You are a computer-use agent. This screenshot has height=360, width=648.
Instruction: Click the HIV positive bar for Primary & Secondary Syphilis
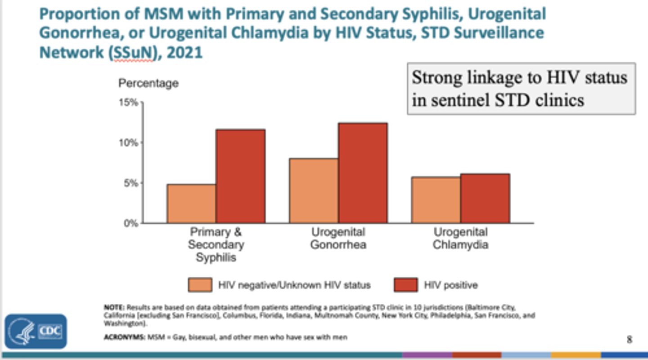[x=240, y=176]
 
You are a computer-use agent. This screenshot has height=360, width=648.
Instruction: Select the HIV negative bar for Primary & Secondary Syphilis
[x=192, y=203]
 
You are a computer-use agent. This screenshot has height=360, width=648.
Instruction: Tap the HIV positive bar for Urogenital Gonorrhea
[x=363, y=173]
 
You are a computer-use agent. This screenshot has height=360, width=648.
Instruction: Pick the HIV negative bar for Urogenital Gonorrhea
[x=314, y=191]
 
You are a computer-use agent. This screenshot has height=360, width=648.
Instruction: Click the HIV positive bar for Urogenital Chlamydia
[x=485, y=198]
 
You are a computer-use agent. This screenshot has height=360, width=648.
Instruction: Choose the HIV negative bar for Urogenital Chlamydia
[x=436, y=200]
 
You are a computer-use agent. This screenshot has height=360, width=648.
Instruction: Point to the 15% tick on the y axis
[x=129, y=103]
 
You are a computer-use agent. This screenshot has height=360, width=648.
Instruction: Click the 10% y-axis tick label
[x=129, y=143]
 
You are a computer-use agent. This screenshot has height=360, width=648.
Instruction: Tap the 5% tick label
[x=130, y=183]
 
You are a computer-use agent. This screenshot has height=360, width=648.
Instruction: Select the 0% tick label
[x=130, y=223]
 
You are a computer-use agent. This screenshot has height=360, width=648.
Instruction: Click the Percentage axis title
[x=148, y=83]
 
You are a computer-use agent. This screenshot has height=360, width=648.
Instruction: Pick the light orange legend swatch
[x=200, y=285]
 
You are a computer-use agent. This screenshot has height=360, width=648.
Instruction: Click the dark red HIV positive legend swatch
[x=405, y=285]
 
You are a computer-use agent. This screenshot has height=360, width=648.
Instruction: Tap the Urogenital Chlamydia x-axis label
[x=460, y=238]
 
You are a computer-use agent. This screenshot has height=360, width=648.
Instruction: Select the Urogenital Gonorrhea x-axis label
[x=338, y=238]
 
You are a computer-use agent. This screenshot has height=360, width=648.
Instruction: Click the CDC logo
[x=36, y=332]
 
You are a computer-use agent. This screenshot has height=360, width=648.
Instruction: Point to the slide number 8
[x=630, y=339]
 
